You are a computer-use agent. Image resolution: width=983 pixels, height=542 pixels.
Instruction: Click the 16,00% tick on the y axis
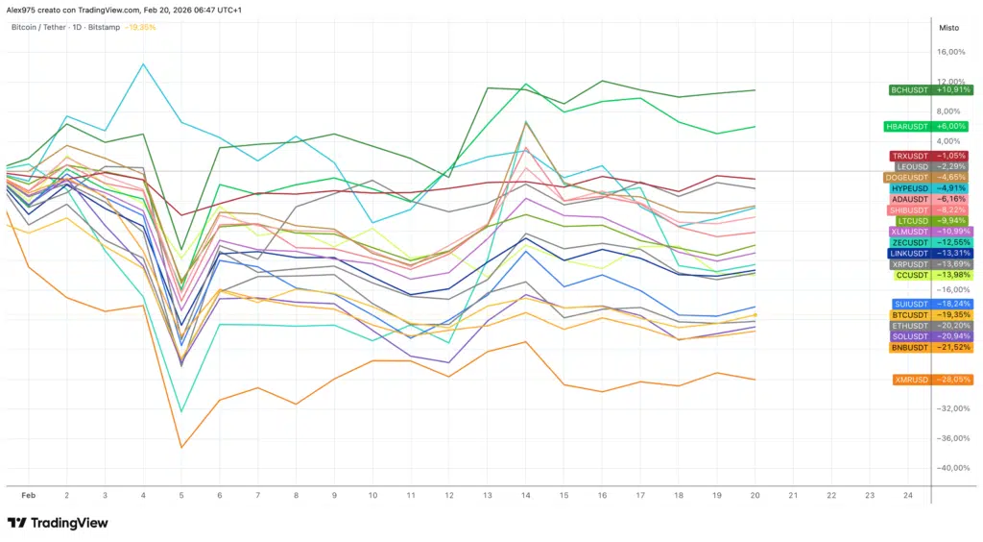(950, 52)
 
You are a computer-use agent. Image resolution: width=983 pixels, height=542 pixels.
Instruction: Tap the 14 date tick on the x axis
(525, 495)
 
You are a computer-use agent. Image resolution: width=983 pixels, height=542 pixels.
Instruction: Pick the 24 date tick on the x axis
(907, 495)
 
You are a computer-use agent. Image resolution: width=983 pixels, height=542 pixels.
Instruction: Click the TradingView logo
(58, 523)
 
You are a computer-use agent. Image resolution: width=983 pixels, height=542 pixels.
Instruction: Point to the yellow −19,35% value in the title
(140, 28)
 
